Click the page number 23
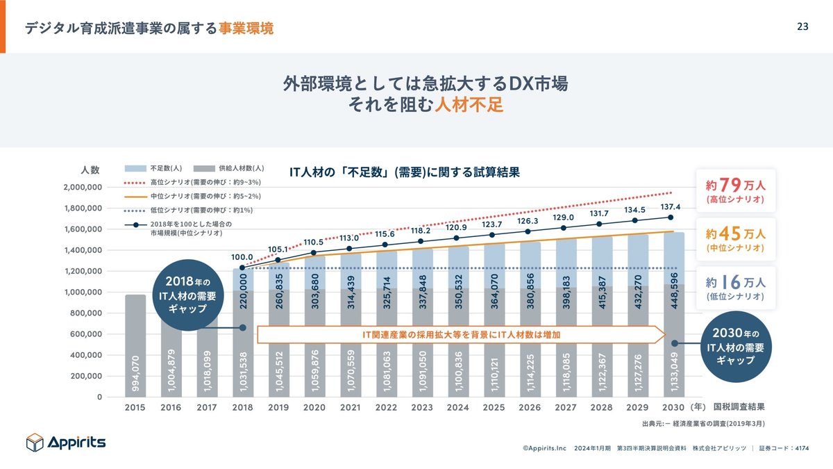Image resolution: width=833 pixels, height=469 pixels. (x=802, y=27)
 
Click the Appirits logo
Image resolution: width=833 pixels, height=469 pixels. (x=66, y=442)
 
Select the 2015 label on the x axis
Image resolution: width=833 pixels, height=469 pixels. (x=135, y=408)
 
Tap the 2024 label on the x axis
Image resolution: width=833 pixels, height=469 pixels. (x=458, y=408)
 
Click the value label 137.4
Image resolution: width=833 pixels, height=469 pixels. (x=671, y=207)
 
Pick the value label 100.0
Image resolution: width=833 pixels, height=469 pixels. (x=243, y=257)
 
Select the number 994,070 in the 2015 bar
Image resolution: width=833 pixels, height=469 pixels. (x=136, y=374)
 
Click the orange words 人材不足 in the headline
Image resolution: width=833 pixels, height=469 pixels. (x=469, y=106)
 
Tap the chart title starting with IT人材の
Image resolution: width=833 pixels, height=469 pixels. (x=404, y=171)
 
